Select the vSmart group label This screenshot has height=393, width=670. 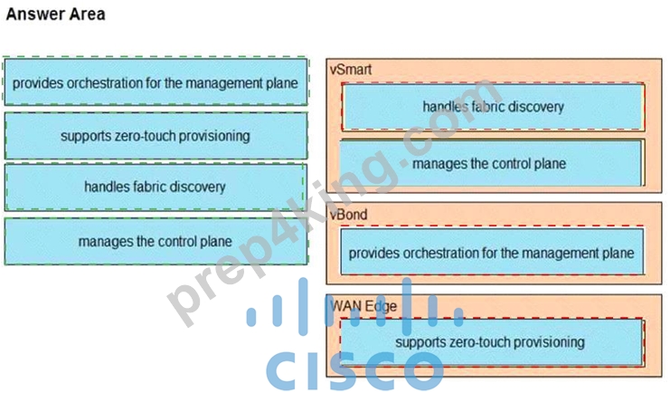pyautogui.click(x=351, y=70)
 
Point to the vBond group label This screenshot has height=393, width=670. pyautogui.click(x=348, y=214)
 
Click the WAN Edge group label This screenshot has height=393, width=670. pyautogui.click(x=363, y=306)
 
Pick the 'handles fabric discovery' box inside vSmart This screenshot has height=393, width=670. pyautogui.click(x=493, y=107)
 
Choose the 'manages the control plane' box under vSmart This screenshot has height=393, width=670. pyautogui.click(x=491, y=163)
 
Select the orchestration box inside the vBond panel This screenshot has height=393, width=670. pyautogui.click(x=492, y=252)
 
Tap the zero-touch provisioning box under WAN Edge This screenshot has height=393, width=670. pyautogui.click(x=491, y=342)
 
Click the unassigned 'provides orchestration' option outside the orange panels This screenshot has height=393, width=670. pyautogui.click(x=156, y=81)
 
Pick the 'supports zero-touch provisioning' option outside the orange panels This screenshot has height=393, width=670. pyautogui.click(x=156, y=136)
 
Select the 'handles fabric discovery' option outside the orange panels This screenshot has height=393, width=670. pyautogui.click(x=156, y=187)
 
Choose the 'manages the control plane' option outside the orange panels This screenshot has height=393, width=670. pyautogui.click(x=156, y=241)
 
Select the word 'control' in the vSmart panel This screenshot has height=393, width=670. pyautogui.click(x=500, y=164)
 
